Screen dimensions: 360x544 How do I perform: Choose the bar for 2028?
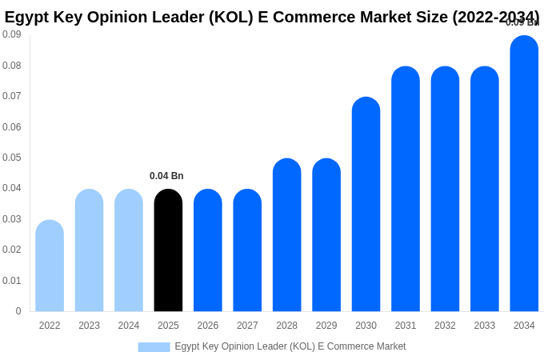(286, 235)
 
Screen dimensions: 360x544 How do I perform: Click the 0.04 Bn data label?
(166, 176)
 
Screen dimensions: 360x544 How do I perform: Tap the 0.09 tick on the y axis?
(12, 34)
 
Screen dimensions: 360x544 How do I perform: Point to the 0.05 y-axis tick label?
(12, 158)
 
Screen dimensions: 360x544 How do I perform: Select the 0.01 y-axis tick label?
(12, 281)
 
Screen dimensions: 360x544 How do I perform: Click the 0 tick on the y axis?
(18, 311)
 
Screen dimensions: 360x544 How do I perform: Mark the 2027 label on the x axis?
(247, 326)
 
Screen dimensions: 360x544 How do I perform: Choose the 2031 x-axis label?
(406, 326)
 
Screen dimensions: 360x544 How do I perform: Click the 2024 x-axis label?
(129, 326)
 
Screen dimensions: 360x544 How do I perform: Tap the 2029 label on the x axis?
(326, 326)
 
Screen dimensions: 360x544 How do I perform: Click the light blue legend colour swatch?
(154, 347)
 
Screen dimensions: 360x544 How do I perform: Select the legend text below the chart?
(290, 346)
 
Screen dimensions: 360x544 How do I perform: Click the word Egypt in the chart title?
(26, 17)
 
